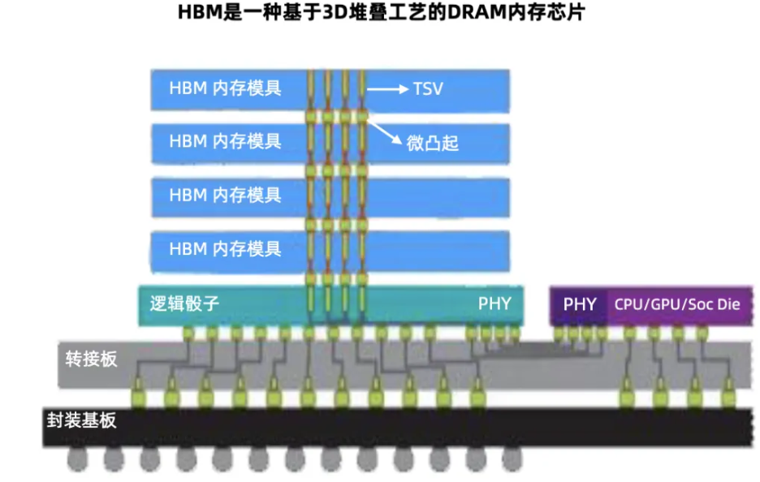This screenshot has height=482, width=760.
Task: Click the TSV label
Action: coord(428,88)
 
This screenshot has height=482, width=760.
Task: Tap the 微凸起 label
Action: coord(433,144)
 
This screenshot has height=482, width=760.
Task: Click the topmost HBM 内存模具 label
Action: coord(225,88)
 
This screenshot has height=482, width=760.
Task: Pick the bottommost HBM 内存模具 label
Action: coord(225,248)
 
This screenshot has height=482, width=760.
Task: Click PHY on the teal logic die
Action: coord(494,304)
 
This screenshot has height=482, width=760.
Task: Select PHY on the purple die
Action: coord(580,304)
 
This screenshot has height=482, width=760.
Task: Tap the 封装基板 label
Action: coord(81,420)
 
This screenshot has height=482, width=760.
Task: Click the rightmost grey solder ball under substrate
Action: coord(510,459)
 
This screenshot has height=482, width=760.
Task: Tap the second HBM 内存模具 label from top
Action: coord(225,140)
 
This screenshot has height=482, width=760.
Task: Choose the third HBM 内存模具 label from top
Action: coord(225,195)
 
